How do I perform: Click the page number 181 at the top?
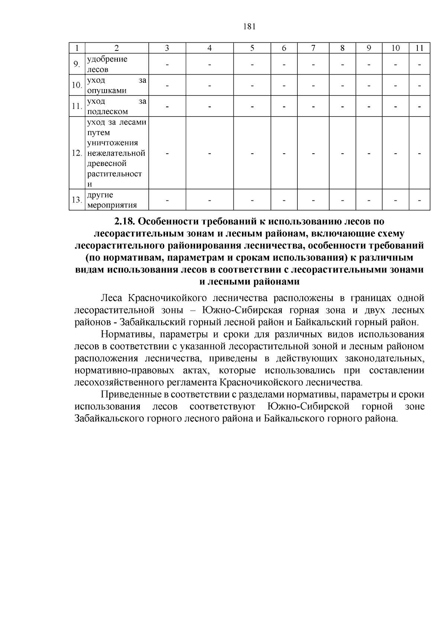click(249, 26)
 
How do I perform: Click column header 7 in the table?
click(313, 48)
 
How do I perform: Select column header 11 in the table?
click(419, 48)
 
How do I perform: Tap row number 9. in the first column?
click(77, 64)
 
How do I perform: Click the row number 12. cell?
click(77, 153)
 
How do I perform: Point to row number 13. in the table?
click(77, 200)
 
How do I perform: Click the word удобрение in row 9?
click(107, 59)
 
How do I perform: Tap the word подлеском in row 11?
click(107, 111)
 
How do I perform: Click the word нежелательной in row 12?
click(116, 153)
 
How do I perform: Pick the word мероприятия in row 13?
click(112, 205)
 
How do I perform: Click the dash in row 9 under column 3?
click(167, 65)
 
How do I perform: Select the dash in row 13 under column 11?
click(419, 200)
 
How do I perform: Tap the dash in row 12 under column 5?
click(252, 153)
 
